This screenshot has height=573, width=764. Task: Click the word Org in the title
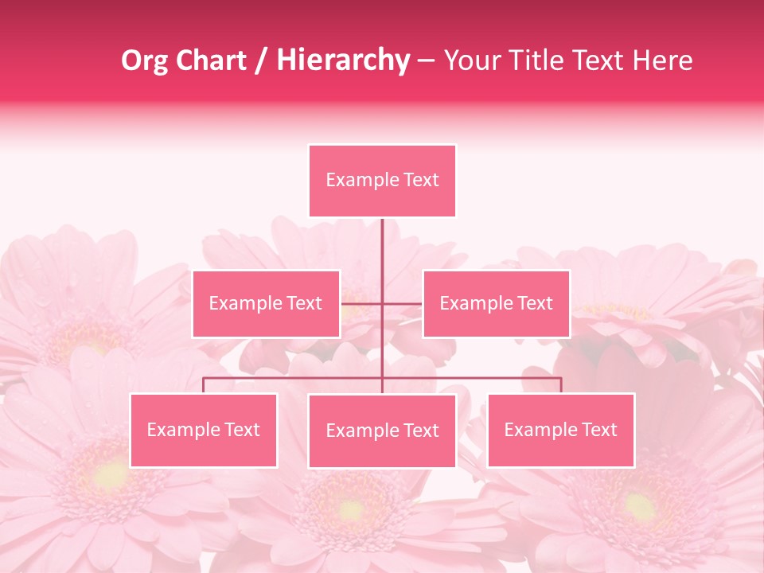[x=146, y=60]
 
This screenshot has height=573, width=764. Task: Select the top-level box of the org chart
[x=382, y=181]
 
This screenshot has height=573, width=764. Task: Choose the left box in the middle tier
[x=266, y=303]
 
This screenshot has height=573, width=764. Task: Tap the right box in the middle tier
[x=496, y=303]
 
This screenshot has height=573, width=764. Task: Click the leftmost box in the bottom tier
[x=204, y=430]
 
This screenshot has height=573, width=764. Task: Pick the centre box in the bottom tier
[x=382, y=431]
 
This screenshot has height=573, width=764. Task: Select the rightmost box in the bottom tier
[x=560, y=430]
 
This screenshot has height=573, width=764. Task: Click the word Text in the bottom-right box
[x=598, y=430]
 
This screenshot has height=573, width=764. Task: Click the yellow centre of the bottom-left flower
[x=111, y=475]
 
